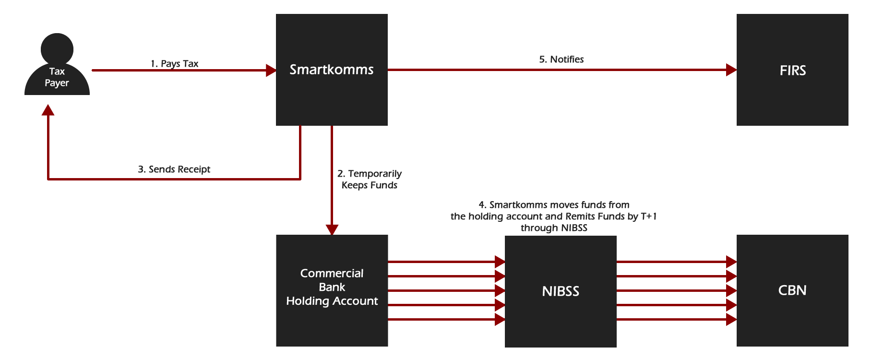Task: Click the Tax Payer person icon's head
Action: click(x=57, y=48)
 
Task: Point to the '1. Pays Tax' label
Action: click(x=174, y=63)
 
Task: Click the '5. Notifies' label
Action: click(x=561, y=60)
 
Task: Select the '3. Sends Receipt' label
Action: click(x=174, y=169)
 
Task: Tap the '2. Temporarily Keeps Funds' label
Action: click(x=370, y=180)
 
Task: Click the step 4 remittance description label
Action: click(x=554, y=216)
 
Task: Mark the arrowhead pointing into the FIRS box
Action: click(x=731, y=70)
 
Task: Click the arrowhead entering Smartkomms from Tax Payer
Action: click(x=271, y=71)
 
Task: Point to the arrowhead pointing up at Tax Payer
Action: click(x=48, y=110)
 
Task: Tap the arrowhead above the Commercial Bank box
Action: click(x=332, y=229)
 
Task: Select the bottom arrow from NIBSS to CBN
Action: click(x=672, y=319)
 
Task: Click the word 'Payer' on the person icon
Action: click(x=57, y=83)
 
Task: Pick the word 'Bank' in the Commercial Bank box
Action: click(x=332, y=287)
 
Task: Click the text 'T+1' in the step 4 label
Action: click(x=648, y=216)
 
